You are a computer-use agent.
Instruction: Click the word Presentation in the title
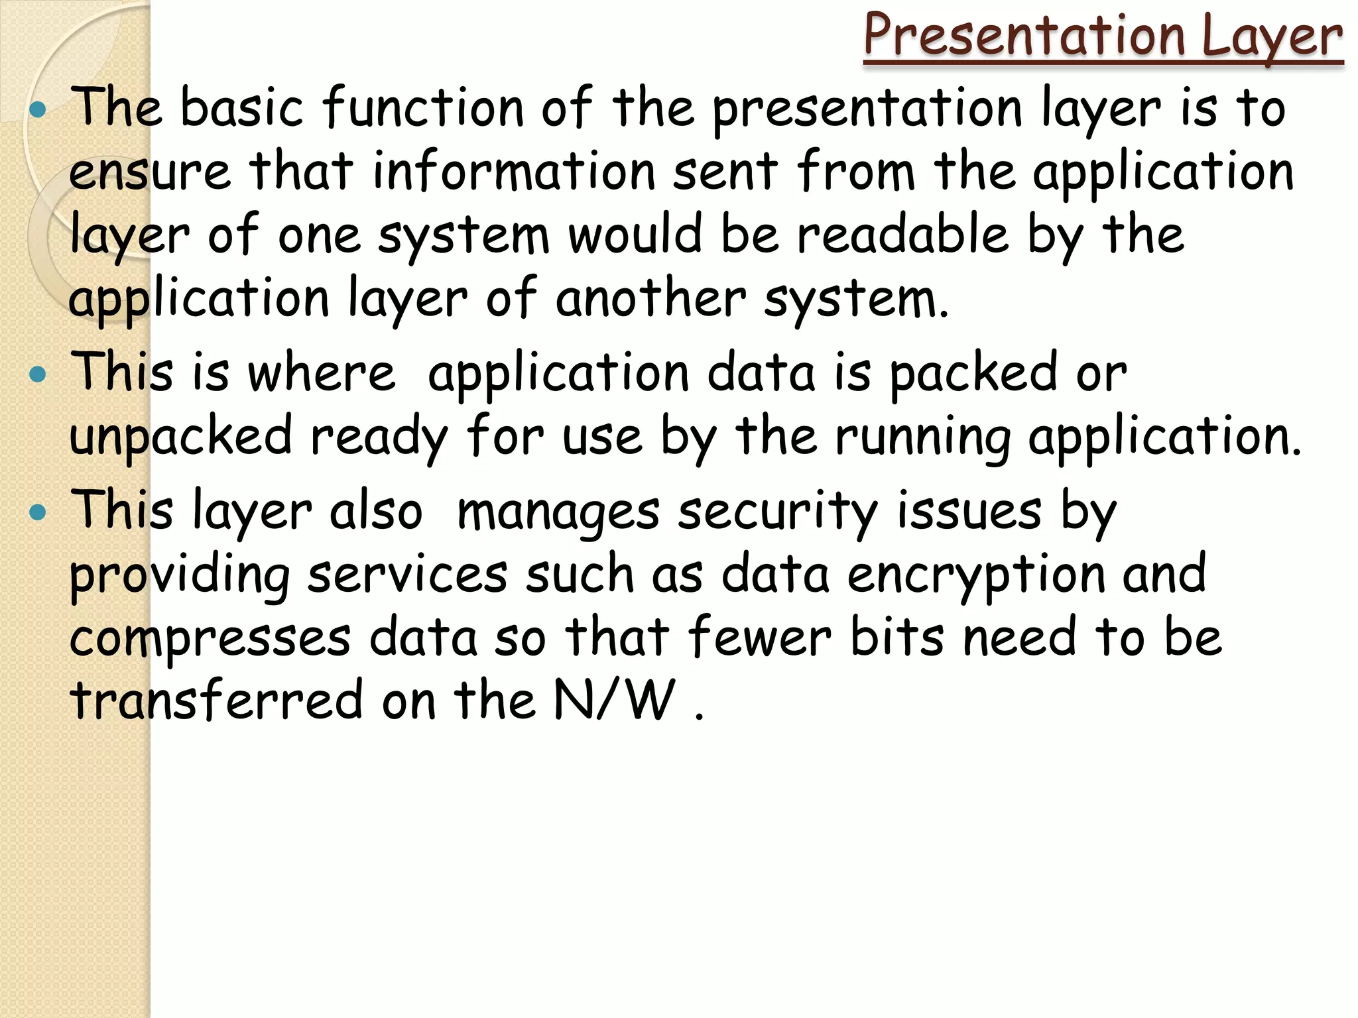(x=1024, y=36)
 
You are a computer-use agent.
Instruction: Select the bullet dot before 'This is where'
(x=38, y=374)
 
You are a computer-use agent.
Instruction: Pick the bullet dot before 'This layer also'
(x=38, y=512)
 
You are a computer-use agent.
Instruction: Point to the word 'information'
(x=514, y=171)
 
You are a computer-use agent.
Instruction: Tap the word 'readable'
(x=902, y=235)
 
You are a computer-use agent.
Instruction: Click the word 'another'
(x=650, y=298)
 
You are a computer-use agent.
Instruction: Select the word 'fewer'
(x=759, y=638)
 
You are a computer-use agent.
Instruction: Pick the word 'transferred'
(x=216, y=700)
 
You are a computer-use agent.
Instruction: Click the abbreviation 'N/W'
(x=614, y=700)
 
